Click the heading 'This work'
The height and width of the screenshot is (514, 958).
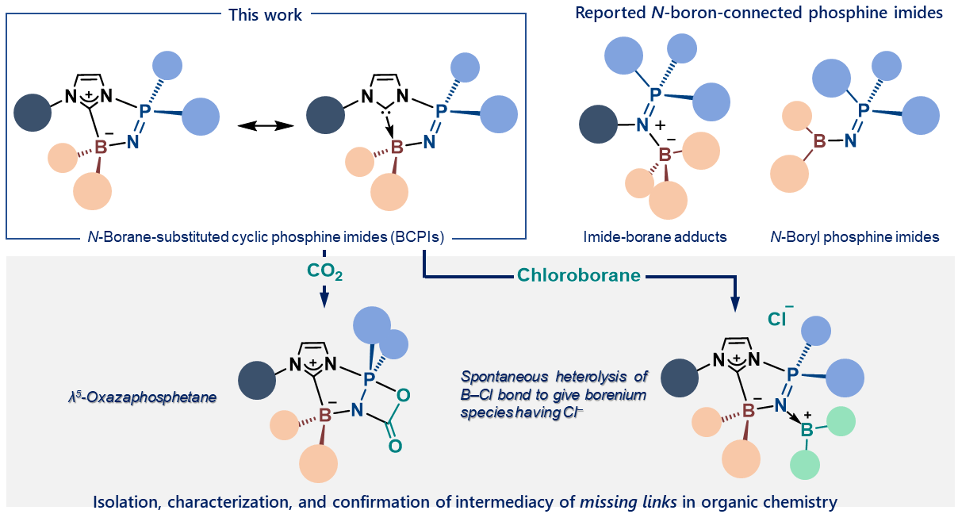(265, 15)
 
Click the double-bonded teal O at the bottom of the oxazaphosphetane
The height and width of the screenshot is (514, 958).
(395, 447)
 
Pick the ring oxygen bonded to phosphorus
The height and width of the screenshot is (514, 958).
(403, 394)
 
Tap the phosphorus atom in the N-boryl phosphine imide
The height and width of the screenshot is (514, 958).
(864, 110)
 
